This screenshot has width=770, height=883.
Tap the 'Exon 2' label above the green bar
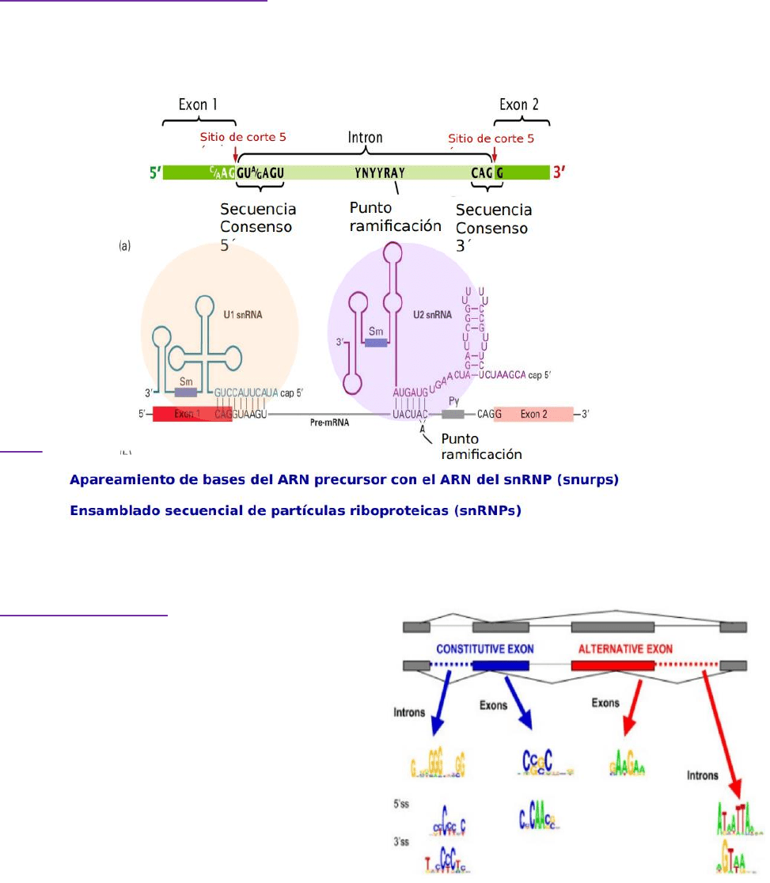tap(523, 104)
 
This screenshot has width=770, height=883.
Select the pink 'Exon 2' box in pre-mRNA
tap(535, 414)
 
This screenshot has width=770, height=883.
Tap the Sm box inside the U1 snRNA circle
tap(185, 391)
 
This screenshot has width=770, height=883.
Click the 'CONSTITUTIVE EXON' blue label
tap(484, 649)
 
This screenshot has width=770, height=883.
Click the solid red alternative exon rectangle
tap(613, 665)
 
